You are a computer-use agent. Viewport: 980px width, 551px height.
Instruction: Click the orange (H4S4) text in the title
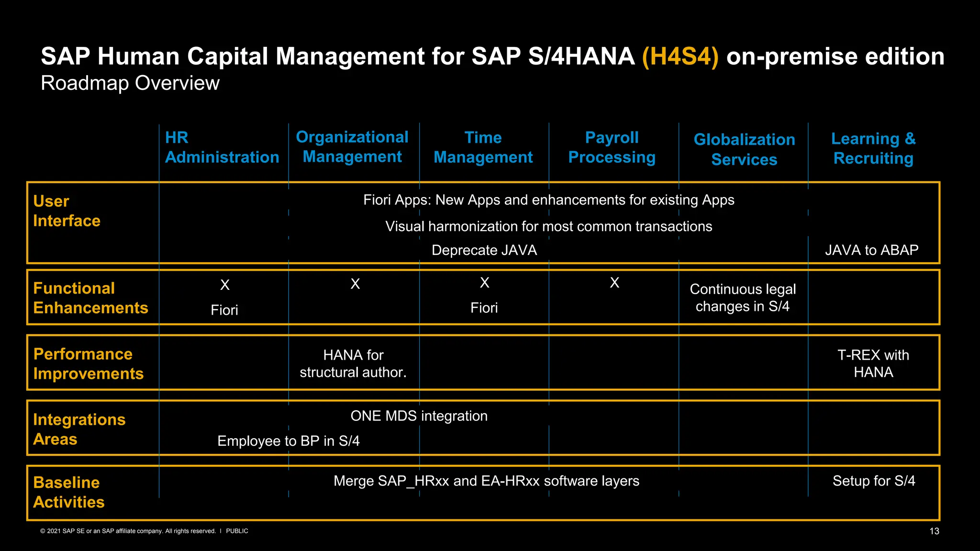click(x=680, y=57)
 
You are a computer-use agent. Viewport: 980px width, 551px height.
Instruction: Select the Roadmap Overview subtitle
click(x=130, y=83)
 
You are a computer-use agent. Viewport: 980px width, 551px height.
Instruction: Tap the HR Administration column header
click(x=222, y=147)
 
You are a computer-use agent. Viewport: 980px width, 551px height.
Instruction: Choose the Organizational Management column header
click(x=352, y=147)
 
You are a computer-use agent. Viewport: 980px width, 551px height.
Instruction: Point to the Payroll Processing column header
click(x=612, y=147)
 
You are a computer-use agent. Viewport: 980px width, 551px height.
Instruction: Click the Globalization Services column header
click(x=744, y=149)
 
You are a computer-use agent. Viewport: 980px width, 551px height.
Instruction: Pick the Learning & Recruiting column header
click(x=873, y=148)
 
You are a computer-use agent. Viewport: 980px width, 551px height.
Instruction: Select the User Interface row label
click(x=67, y=211)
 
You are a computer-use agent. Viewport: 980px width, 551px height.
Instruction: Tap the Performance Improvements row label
click(x=89, y=364)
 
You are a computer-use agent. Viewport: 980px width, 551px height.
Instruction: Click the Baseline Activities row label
click(x=69, y=492)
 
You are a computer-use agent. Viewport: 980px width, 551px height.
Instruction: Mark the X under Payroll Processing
click(x=614, y=283)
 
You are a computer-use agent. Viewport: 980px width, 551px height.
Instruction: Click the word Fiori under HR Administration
click(x=224, y=310)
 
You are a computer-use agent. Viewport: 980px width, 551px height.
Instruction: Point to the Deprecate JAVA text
click(x=484, y=250)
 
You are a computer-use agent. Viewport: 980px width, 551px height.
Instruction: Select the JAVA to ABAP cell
click(x=871, y=250)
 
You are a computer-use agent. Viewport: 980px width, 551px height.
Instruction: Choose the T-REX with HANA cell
click(x=873, y=364)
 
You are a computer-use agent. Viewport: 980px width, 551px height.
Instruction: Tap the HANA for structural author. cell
click(x=353, y=364)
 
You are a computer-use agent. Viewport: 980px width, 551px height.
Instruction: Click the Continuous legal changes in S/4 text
click(x=743, y=298)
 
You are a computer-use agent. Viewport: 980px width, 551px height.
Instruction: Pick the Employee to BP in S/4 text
click(x=289, y=441)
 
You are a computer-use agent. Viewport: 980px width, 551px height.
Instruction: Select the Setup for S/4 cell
click(x=874, y=481)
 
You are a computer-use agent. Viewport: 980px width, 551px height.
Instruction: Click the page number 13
click(x=934, y=531)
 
